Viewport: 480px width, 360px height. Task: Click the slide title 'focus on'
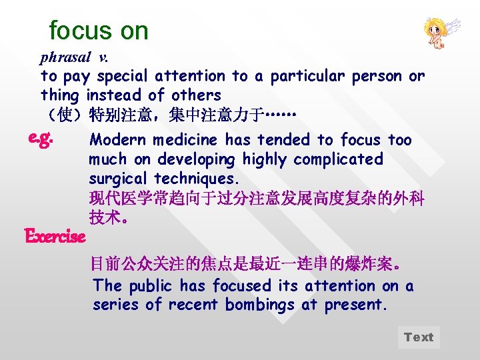tap(99, 30)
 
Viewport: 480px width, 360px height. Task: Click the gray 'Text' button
tap(419, 337)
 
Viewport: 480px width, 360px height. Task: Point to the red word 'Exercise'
tap(55, 236)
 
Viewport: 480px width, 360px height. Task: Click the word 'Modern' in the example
tap(118, 140)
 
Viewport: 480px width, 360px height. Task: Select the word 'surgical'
tap(119, 179)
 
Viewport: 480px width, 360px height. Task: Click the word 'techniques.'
tap(197, 179)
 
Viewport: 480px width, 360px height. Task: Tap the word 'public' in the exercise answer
tap(150, 286)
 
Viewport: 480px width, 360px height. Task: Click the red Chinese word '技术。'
tap(106, 217)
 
